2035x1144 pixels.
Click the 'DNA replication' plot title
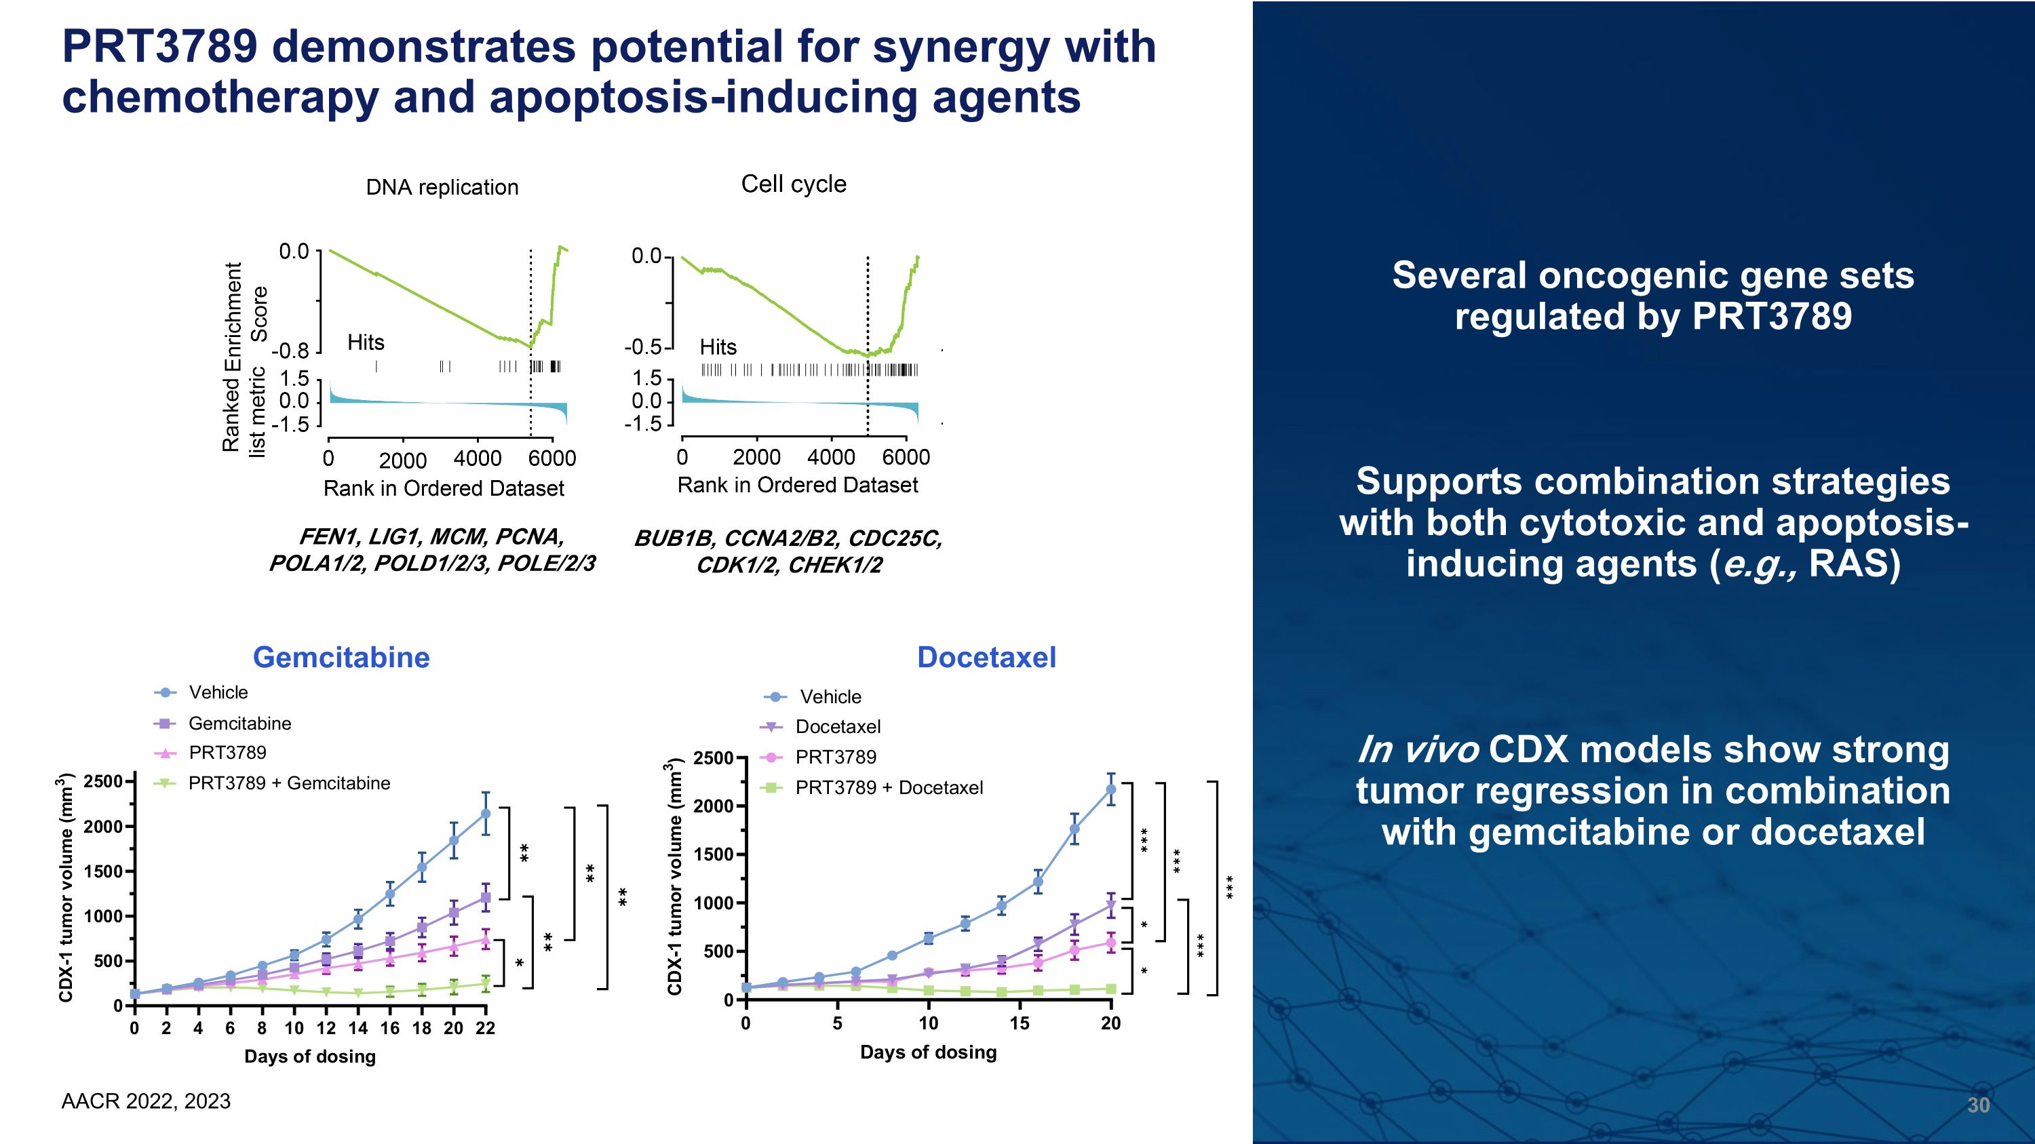point(442,187)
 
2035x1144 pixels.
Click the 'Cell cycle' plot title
point(793,184)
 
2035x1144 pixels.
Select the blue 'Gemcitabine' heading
point(341,657)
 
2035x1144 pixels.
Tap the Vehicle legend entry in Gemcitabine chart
point(217,692)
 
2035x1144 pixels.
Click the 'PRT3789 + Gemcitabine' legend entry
point(288,783)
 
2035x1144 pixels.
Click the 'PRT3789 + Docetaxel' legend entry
point(888,787)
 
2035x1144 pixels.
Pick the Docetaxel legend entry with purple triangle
point(836,726)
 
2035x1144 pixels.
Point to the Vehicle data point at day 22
point(486,813)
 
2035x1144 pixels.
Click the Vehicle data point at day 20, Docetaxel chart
point(1110,789)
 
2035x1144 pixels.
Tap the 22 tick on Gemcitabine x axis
point(485,1028)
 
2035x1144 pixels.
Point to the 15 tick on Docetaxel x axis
point(1019,1023)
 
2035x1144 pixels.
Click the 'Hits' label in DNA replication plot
point(365,342)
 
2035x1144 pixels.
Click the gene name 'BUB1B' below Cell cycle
point(673,538)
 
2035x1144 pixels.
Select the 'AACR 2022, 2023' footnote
point(145,1101)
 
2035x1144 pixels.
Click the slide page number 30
point(1977,1105)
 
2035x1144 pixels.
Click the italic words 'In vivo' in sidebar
point(1417,750)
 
